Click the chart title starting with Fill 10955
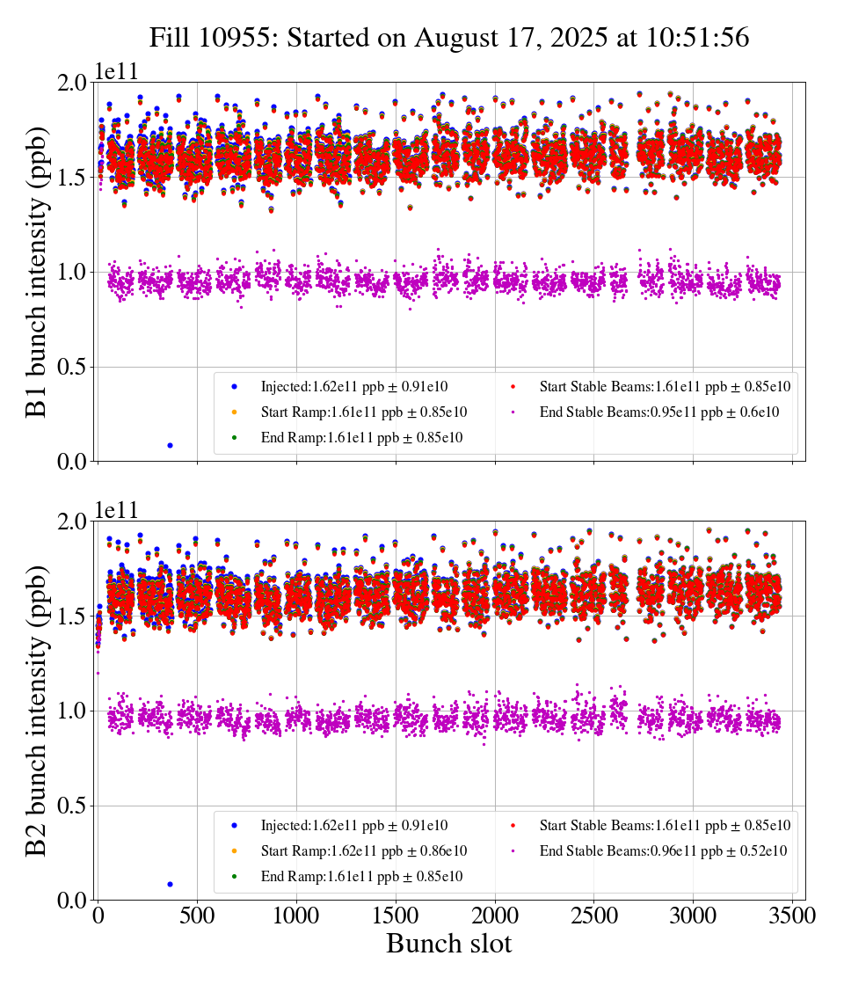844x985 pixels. tap(448, 38)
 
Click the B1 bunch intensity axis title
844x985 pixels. tap(38, 272)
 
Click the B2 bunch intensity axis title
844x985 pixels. tap(38, 711)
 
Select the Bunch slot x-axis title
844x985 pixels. tap(448, 945)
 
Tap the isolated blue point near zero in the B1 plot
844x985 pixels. tap(170, 445)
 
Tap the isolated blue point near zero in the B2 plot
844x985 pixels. tap(170, 884)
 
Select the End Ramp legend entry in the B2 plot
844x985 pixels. tap(361, 877)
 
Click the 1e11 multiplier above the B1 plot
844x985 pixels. tap(117, 71)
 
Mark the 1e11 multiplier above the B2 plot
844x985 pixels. tap(117, 510)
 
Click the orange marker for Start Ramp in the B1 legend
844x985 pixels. tap(234, 412)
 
